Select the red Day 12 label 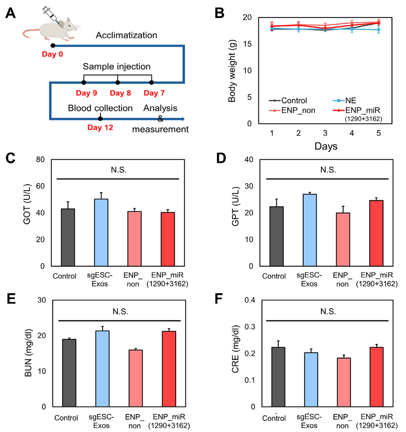[x=100, y=127]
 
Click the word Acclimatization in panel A [x=126, y=35]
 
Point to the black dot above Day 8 [x=118, y=82]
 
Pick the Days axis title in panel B [x=326, y=146]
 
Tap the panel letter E [x=12, y=299]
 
